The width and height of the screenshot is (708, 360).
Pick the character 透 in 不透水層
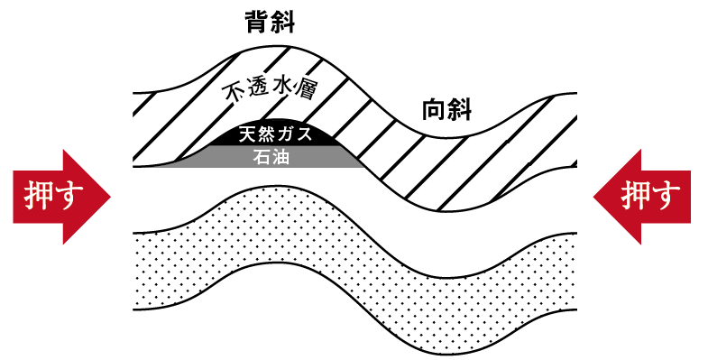pos(255,90)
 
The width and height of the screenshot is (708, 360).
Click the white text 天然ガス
pos(275,136)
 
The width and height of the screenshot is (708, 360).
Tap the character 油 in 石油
pos(286,157)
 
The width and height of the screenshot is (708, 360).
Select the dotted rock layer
pos(352,271)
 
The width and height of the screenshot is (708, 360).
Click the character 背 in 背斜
pos(259,22)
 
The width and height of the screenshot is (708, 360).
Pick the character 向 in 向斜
pos(436,111)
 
